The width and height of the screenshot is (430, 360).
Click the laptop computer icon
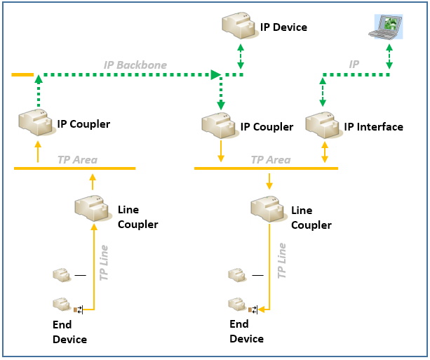pos(385,27)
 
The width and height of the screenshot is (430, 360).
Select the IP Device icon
pos(239,27)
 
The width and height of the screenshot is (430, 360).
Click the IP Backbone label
pos(135,65)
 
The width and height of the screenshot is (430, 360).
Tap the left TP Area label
pos(77,160)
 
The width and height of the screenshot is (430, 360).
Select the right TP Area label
pos(271,160)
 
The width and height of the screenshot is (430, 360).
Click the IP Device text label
pos(283,27)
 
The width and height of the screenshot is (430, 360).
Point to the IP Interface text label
pos(373,127)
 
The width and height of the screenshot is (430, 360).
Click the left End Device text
pos(69,332)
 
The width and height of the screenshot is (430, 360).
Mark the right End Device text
pos(246,331)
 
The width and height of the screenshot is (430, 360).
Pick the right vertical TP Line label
pos(282,262)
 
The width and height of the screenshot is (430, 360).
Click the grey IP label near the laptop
pos(355,65)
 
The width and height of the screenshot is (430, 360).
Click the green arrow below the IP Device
pos(241,55)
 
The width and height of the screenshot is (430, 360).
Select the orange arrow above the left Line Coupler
pos(92,182)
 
